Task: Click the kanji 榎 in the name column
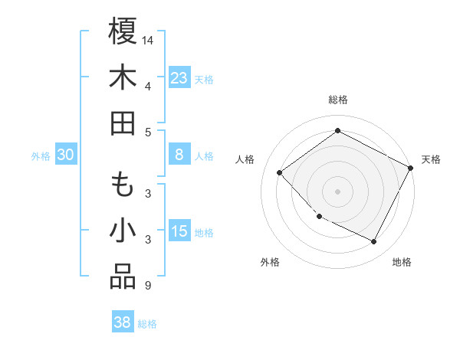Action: (123, 31)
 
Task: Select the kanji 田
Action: (123, 123)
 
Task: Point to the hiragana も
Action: (123, 185)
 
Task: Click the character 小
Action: (123, 231)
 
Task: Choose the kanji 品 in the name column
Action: (123, 277)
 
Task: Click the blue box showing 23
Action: (179, 78)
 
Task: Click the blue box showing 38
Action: (122, 323)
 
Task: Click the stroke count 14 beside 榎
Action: (148, 39)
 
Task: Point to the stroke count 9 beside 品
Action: (147, 286)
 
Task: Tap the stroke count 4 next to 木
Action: (147, 85)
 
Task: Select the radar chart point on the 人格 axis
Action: (280, 172)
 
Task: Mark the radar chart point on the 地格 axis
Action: (374, 241)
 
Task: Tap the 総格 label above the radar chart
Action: (338, 100)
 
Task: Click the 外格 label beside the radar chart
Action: (270, 262)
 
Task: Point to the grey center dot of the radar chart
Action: (338, 191)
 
